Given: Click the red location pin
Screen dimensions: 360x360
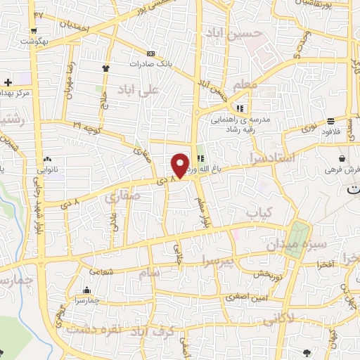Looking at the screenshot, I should (180, 165).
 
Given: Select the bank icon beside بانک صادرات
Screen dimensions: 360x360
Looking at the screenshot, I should (150, 53).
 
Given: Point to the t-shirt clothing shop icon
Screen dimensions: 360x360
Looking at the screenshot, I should (106, 68).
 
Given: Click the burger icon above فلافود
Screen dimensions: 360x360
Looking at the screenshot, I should (331, 121).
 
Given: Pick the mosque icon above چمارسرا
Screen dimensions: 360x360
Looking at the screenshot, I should (86, 290).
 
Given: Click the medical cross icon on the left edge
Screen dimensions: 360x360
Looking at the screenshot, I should (7, 83).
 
